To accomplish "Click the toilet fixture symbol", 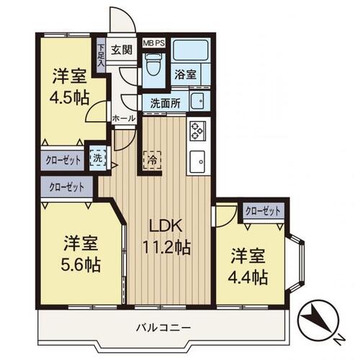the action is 154,64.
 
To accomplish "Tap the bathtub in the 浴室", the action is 191,50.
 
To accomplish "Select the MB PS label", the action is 154,43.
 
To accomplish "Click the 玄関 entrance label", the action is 122,50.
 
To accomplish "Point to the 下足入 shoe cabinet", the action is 101,55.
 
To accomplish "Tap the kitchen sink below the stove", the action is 197,161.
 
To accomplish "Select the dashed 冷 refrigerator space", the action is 152,160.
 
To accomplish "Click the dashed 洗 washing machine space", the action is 98,158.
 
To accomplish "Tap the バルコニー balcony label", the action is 163,327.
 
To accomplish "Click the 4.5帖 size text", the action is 69,97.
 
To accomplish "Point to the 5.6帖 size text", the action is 81,264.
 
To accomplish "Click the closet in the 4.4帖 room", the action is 263,211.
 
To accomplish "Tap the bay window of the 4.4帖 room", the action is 296,264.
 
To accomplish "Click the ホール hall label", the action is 124,118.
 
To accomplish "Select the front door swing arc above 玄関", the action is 123,19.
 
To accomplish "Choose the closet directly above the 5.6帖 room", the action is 67,187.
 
